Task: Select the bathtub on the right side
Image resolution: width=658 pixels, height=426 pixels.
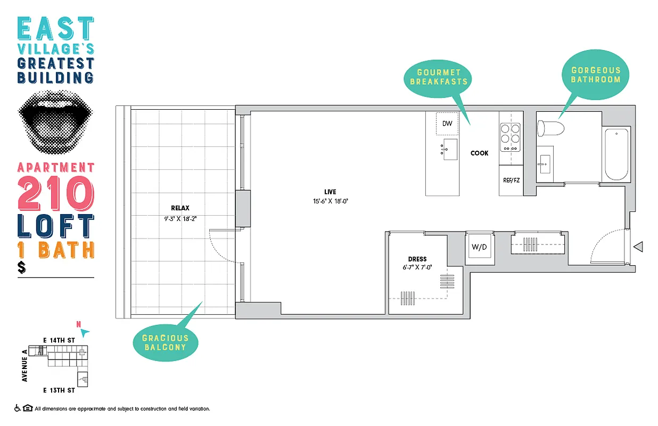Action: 616,154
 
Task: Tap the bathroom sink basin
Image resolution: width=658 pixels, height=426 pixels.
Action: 544,164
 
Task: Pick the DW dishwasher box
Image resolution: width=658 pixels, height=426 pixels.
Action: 447,124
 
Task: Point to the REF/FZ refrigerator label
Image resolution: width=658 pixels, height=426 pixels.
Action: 511,180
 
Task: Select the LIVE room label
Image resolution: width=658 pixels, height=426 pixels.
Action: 330,192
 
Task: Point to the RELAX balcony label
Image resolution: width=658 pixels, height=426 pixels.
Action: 180,208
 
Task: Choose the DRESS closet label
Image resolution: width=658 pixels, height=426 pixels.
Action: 418,259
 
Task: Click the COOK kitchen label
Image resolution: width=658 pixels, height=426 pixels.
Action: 479,153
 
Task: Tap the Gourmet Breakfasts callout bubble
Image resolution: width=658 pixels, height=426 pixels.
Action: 439,77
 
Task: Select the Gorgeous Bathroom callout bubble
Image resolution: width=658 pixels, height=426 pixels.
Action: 596,75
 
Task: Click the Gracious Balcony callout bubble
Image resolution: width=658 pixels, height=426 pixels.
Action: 165,342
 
